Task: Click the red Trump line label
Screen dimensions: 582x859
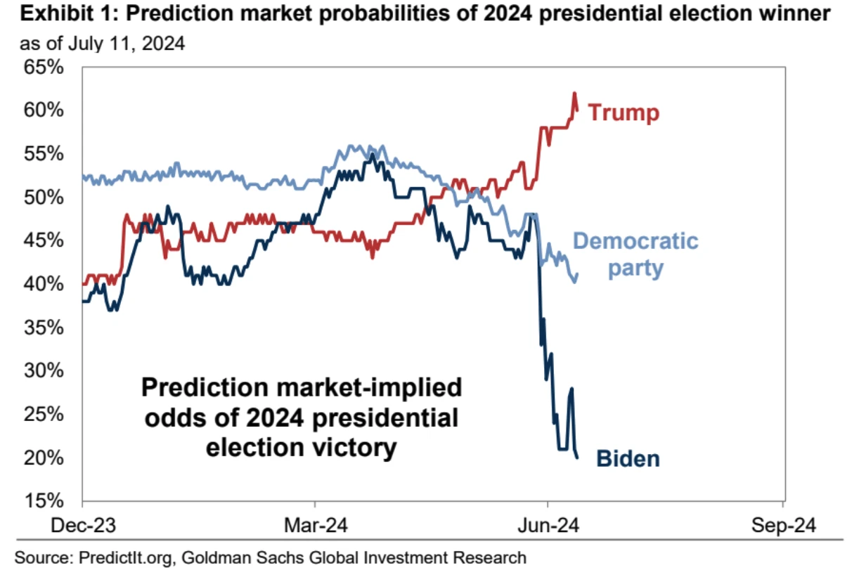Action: (624, 112)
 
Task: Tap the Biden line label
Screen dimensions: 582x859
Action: (628, 459)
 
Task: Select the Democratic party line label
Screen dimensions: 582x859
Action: (635, 254)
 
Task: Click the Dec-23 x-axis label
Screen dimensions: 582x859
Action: (83, 525)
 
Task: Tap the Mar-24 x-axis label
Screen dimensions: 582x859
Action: (316, 525)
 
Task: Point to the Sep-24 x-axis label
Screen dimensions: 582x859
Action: (782, 525)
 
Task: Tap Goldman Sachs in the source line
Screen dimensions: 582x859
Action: (228, 559)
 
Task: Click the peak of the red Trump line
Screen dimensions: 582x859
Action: (574, 93)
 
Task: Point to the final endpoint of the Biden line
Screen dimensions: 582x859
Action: (577, 458)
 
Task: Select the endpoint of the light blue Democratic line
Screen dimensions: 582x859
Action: (578, 275)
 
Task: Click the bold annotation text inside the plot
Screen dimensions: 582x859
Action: (301, 418)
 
